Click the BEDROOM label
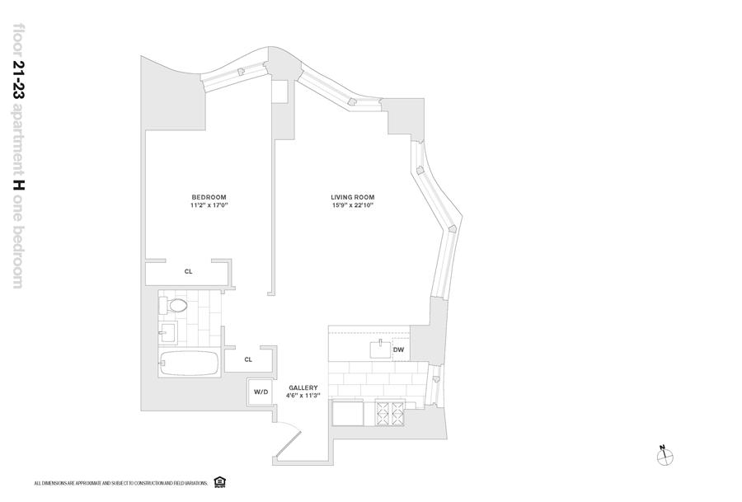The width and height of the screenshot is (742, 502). coord(209,196)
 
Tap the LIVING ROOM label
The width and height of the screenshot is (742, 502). coord(353,196)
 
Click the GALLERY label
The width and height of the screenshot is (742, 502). coord(303,387)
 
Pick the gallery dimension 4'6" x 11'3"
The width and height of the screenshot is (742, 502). coord(303,396)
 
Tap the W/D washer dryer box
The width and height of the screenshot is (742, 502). coord(261,392)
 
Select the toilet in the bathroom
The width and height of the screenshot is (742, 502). coord(175,307)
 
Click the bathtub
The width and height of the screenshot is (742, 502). coord(190,364)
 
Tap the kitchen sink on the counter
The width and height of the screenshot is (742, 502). coord(381,350)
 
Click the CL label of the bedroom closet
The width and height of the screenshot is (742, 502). coord(188,270)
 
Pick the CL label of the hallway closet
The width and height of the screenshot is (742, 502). coord(248,359)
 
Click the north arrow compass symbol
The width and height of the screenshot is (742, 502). coord(665,455)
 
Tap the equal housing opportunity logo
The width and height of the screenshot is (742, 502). coord(219,481)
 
